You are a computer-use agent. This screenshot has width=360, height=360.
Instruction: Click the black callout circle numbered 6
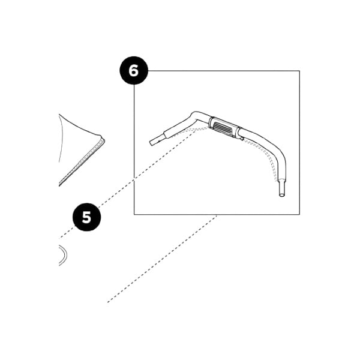(134, 70)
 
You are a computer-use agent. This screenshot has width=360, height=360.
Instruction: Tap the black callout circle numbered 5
(87, 217)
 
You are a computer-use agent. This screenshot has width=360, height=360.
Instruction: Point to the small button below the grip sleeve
(242, 138)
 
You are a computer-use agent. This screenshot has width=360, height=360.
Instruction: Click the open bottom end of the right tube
(282, 195)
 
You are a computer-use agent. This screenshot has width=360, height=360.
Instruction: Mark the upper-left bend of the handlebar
(194, 114)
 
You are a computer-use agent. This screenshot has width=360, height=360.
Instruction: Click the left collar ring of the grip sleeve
(211, 122)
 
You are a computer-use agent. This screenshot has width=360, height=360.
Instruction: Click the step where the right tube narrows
(282, 181)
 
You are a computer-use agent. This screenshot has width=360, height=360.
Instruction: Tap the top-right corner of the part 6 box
(299, 71)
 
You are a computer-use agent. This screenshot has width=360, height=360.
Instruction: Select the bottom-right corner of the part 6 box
(299, 214)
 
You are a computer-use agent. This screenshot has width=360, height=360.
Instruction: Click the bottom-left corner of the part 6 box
(134, 214)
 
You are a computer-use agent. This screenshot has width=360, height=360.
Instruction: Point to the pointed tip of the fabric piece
(104, 139)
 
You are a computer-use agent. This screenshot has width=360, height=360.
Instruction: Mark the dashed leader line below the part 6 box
(162, 259)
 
